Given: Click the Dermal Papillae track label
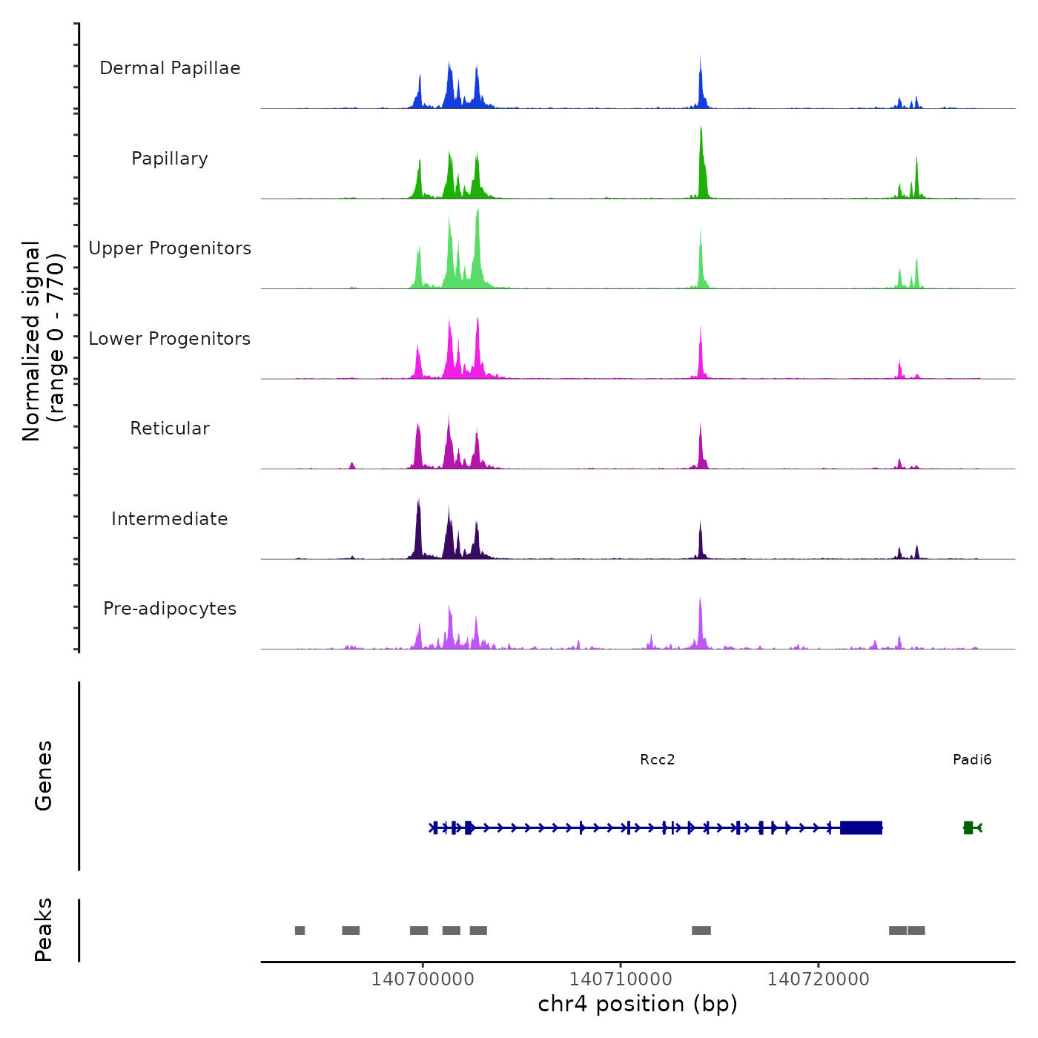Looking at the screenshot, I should point(170,68).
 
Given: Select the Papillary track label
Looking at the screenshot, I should point(170,159).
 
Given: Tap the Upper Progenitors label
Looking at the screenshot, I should point(170,248).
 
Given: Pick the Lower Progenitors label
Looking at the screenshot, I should point(170,339).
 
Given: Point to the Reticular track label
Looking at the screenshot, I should point(170,429).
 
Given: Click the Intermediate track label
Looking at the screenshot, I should point(170,519).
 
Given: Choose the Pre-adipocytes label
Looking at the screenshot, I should point(170,609).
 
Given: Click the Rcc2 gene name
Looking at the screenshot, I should point(658,759).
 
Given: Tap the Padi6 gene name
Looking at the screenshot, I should point(972,759).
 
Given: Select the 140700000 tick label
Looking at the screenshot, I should point(423,979).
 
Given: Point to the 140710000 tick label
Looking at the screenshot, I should point(621,979).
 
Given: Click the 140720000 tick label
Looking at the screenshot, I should point(819,979).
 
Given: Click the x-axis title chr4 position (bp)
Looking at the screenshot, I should point(638,1004).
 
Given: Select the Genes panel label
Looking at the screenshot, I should point(44,776).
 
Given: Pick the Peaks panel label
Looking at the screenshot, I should point(44,930).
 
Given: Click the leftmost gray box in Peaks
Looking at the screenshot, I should point(300,930).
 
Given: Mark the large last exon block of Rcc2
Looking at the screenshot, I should point(861,827).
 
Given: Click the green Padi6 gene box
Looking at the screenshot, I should point(968,827).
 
